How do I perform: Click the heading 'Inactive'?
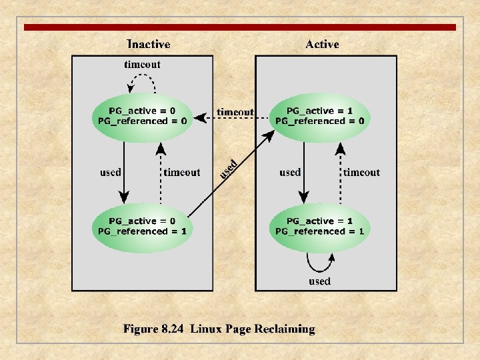pyautogui.click(x=148, y=44)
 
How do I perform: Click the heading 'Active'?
pyautogui.click(x=322, y=44)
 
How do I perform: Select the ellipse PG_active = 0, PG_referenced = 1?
pyautogui.click(x=142, y=227)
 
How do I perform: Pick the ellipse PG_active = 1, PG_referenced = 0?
pyautogui.click(x=319, y=116)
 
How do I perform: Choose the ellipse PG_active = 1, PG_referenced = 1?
pyautogui.click(x=320, y=227)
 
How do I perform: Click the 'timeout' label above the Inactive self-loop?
pyautogui.click(x=142, y=65)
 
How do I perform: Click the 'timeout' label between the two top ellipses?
pyautogui.click(x=235, y=112)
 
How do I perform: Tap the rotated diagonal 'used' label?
pyautogui.click(x=229, y=169)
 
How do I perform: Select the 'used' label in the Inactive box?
pyautogui.click(x=111, y=172)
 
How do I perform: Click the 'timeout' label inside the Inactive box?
pyautogui.click(x=181, y=172)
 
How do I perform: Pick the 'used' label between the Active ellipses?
pyautogui.click(x=290, y=172)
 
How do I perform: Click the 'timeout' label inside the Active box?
pyautogui.click(x=361, y=172)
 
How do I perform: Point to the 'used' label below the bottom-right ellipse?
pyautogui.click(x=319, y=281)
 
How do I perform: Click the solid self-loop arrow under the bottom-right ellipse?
pyautogui.click(x=319, y=265)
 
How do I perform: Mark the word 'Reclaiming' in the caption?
pyautogui.click(x=283, y=329)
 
